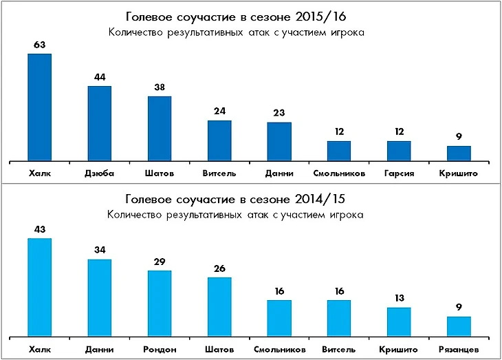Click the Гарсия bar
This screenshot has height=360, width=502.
click(399, 151)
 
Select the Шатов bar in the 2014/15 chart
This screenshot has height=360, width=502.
click(219, 307)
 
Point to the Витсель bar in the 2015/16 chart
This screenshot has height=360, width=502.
click(219, 141)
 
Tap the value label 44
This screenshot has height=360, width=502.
click(100, 77)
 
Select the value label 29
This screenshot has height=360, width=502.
click(160, 262)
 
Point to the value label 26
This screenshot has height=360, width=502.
click(219, 269)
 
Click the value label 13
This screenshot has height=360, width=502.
click(399, 299)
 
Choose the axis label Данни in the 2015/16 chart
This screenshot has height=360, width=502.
click(279, 173)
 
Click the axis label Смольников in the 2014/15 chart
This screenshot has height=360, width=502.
click(279, 350)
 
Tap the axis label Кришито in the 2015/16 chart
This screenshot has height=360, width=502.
click(459, 173)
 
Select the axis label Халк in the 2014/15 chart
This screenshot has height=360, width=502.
click(41, 350)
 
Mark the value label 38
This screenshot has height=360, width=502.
click(160, 87)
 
